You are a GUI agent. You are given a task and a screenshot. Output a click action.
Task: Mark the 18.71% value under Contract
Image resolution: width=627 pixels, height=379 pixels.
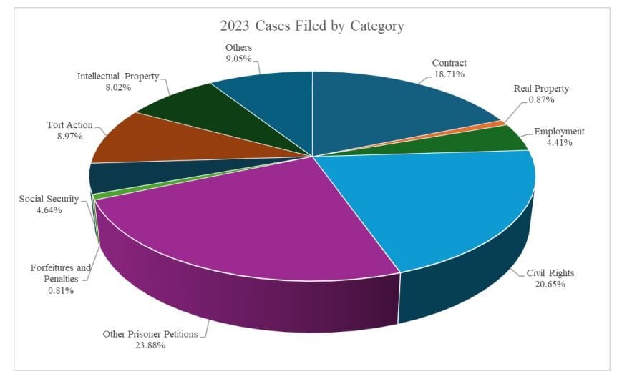pyautogui.click(x=449, y=74)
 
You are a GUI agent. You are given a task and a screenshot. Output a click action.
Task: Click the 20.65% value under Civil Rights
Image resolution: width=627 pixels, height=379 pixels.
pyautogui.click(x=550, y=284)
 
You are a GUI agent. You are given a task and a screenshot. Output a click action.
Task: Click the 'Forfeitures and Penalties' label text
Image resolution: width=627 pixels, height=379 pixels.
pyautogui.click(x=61, y=273)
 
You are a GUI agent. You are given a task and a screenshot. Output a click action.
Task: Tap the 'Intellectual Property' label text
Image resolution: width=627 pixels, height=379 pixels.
pyautogui.click(x=118, y=76)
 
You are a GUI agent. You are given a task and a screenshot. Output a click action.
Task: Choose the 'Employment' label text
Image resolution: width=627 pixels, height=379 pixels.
pyautogui.click(x=560, y=131)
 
